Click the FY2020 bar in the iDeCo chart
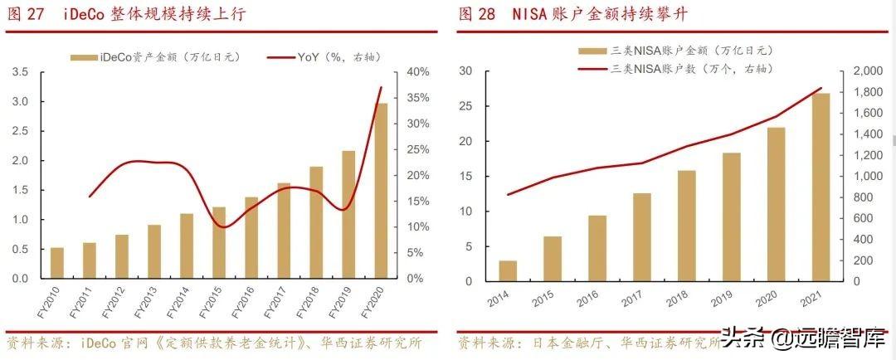(382, 191)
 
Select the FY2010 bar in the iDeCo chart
(57, 263)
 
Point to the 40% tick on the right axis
(418, 72)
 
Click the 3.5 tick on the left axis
(21, 72)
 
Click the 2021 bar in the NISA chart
(820, 187)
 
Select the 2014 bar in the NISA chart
(508, 271)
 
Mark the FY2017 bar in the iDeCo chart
(285, 231)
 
